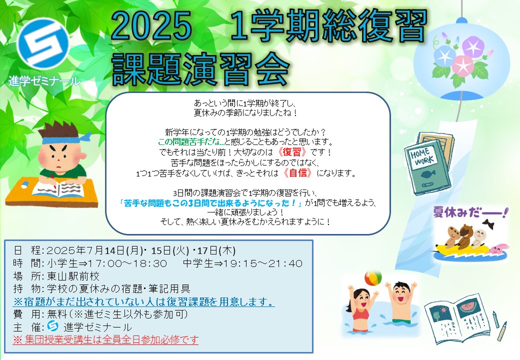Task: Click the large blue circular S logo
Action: [43, 44]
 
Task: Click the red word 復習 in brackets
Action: [291, 152]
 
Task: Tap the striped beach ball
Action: [373, 278]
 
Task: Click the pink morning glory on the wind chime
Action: [463, 65]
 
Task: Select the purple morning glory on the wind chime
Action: [473, 46]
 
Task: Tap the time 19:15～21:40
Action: [262, 263]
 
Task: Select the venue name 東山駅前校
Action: [73, 276]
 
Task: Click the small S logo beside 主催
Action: [52, 325]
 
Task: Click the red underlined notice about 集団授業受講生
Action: [105, 340]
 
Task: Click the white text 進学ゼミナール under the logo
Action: [44, 81]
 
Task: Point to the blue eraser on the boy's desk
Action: [25, 183]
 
